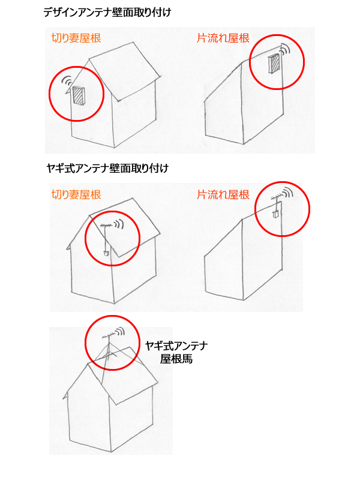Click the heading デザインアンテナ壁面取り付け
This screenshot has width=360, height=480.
click(107, 13)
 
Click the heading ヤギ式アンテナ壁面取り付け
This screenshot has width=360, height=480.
click(107, 169)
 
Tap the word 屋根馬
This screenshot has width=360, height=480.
click(176, 359)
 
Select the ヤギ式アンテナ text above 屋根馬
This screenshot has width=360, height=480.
click(176, 346)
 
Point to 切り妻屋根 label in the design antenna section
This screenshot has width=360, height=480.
click(76, 38)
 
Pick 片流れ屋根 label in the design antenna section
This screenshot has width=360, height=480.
click(223, 38)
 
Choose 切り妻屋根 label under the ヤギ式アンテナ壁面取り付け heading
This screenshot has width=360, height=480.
click(76, 194)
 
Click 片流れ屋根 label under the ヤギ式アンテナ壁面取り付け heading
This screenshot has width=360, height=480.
click(223, 194)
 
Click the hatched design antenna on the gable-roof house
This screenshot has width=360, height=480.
click(79, 96)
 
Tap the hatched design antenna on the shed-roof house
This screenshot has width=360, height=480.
click(274, 64)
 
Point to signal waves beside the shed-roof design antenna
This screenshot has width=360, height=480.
click(286, 49)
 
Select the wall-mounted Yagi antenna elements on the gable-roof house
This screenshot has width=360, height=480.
click(107, 227)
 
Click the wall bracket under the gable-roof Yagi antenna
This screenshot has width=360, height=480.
click(106, 253)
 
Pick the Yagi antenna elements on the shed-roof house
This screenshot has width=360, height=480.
click(277, 197)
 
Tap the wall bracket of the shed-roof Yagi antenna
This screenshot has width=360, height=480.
click(275, 214)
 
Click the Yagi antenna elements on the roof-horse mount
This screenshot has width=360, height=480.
click(109, 336)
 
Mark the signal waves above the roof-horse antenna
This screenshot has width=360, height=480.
click(121, 331)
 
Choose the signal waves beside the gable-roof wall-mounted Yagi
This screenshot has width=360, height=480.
click(119, 224)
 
